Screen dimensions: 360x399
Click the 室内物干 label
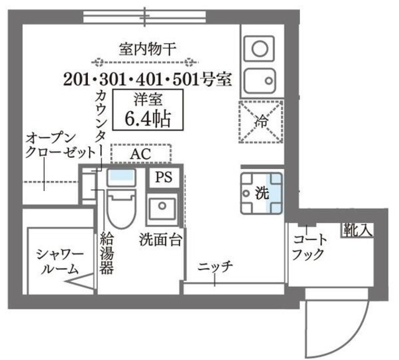(148, 48)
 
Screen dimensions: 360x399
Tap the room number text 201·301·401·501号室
(148, 79)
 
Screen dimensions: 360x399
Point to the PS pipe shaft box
(164, 177)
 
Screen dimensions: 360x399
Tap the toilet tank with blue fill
(121, 177)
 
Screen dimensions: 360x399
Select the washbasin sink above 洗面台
(163, 208)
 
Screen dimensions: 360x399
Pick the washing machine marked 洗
(261, 193)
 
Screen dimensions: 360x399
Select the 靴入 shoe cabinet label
(356, 230)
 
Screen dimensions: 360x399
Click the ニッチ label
(216, 267)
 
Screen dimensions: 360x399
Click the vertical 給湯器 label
(106, 253)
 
